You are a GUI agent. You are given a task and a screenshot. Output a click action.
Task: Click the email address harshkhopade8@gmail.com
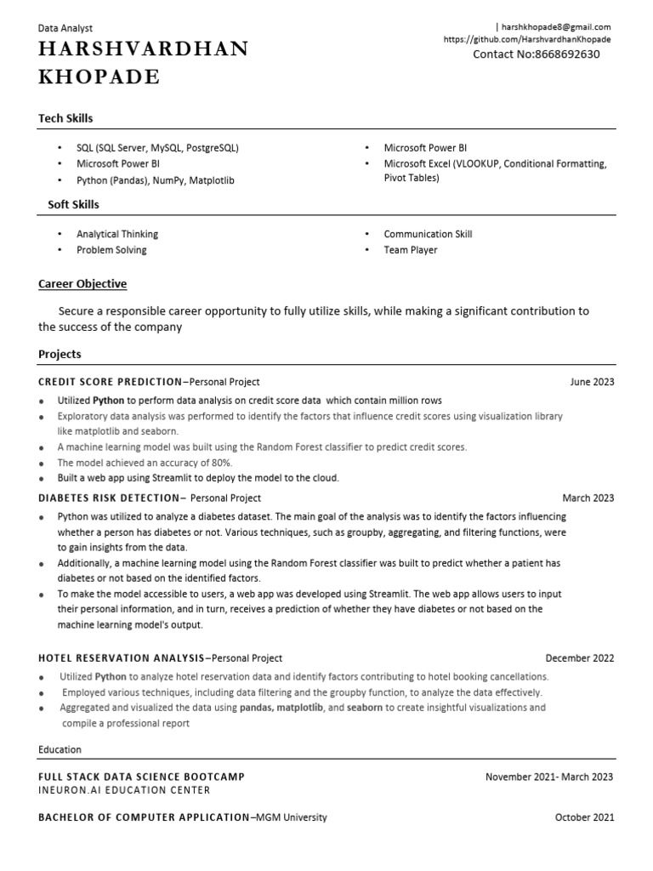pos(555,27)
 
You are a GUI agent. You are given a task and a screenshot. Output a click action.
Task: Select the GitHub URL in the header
pos(527,39)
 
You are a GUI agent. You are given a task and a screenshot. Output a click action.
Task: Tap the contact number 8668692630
pos(537,54)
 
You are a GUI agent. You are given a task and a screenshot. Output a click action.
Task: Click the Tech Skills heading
pos(65,118)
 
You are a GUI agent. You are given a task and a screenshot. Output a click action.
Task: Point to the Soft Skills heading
pos(72,204)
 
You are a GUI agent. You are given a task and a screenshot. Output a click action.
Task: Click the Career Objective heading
pos(82,284)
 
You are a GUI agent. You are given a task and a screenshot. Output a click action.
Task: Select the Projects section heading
pos(60,354)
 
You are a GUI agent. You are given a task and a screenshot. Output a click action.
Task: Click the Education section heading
pos(60,749)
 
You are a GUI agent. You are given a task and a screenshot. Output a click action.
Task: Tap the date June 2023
pos(592,382)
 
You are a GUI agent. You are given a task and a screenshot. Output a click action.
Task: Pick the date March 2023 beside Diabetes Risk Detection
pos(588,498)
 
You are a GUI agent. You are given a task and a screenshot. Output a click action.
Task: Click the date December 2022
pos(579,658)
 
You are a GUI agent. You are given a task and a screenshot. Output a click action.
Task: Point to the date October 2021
pos(584,817)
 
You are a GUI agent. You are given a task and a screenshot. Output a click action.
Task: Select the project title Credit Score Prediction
pos(110,382)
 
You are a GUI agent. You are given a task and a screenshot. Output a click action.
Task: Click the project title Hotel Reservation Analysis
pos(121,658)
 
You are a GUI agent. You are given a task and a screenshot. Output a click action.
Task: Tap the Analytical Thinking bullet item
pos(117,234)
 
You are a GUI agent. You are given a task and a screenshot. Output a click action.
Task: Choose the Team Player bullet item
pos(410,250)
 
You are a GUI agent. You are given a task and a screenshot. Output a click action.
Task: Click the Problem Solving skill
pos(111,250)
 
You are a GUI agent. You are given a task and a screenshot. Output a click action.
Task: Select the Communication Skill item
pos(428,234)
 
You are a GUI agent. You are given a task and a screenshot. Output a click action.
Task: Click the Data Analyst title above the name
pos(65,28)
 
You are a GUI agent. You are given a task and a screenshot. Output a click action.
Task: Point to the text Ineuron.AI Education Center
pos(124,790)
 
